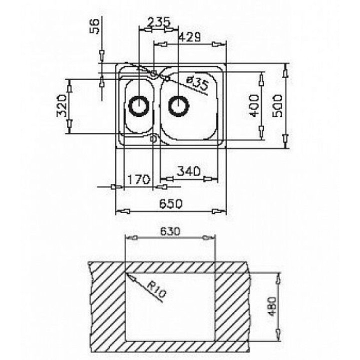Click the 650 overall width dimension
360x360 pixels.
pos(170,204)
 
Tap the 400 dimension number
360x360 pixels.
pos(253,105)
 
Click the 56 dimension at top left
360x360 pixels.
pos(93,25)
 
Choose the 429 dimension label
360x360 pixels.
pos(190,36)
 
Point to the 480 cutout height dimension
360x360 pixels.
pos(270,304)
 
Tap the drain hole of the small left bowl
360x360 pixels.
pos(138,105)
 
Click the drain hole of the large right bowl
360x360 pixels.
pos(178,105)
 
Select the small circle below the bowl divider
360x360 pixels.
pos(154,138)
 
